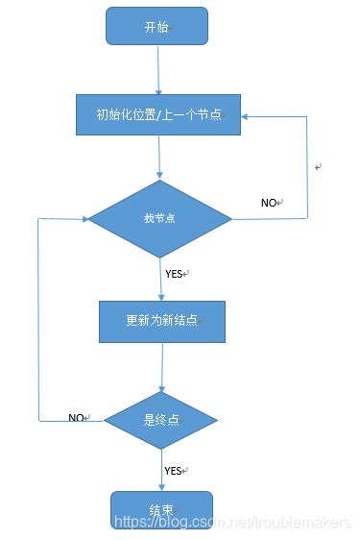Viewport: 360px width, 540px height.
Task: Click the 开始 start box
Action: pyautogui.click(x=156, y=26)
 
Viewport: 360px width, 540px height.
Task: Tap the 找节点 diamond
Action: pyautogui.click(x=159, y=218)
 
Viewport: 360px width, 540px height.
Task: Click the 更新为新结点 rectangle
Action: pyautogui.click(x=162, y=322)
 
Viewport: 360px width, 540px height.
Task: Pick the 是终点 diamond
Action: pyautogui.click(x=161, y=419)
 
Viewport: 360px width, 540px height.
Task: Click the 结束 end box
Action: pyautogui.click(x=161, y=509)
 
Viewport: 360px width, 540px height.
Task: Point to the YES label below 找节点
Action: pyautogui.click(x=175, y=274)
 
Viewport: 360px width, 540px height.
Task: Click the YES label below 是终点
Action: pyautogui.click(x=174, y=471)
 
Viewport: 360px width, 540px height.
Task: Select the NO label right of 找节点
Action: pyautogui.click(x=270, y=203)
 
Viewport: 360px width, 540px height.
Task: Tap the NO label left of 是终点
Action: pyautogui.click(x=78, y=418)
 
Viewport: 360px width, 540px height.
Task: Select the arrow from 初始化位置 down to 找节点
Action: pyautogui.click(x=159, y=158)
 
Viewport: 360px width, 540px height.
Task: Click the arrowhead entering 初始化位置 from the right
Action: pyautogui.click(x=247, y=116)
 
